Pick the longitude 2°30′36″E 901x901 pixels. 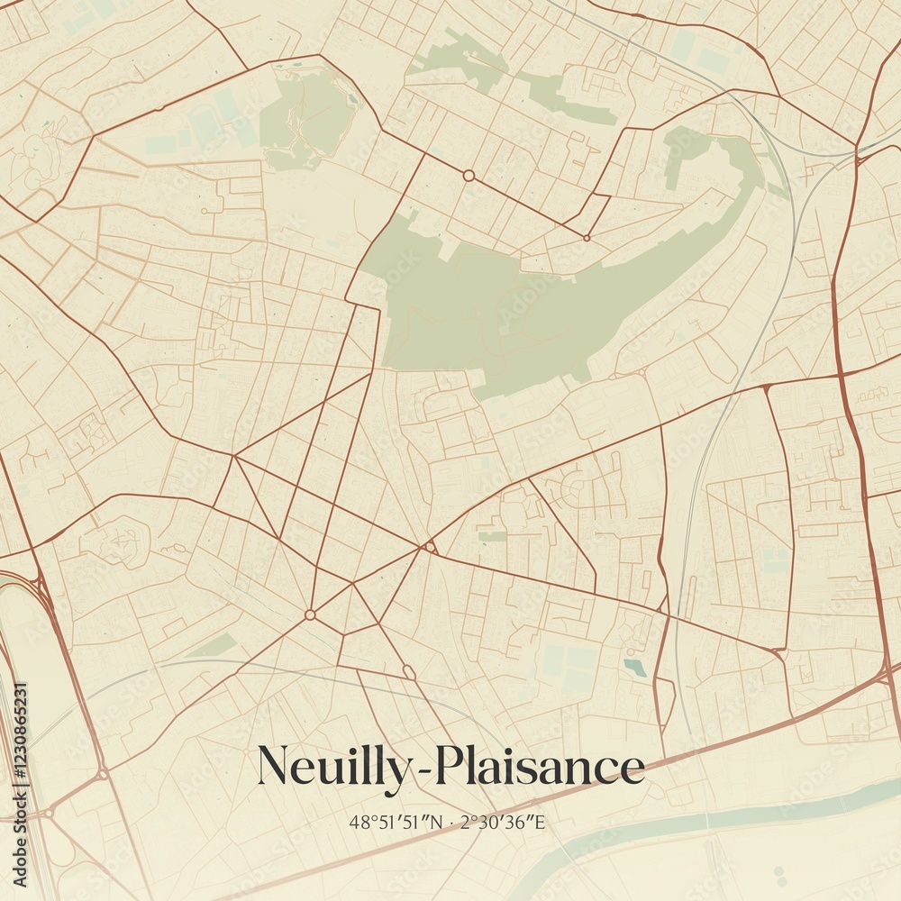[x=505, y=822]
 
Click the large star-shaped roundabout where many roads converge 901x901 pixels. [x=310, y=614]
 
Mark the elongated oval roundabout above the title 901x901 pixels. [x=408, y=671]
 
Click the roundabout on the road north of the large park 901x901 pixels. [x=469, y=176]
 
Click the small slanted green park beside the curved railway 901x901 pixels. [x=213, y=645]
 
